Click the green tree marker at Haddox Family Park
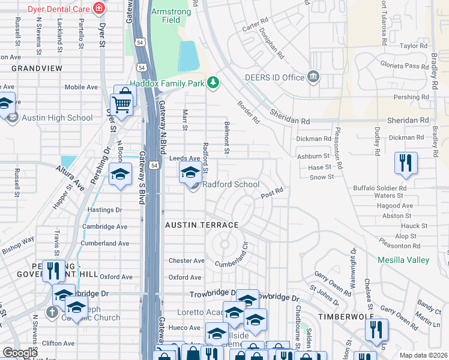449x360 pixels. (212, 82)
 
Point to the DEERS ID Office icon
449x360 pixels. (313, 77)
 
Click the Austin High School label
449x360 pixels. (57, 118)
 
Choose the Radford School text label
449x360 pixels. (231, 185)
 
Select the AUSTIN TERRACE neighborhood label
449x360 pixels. (202, 225)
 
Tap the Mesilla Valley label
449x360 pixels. (403, 260)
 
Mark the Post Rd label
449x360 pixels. (271, 193)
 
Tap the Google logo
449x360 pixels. (20, 353)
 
